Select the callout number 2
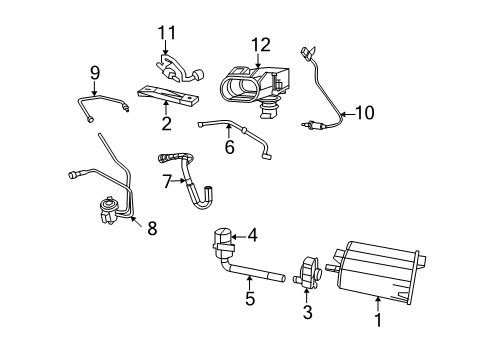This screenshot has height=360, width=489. coord(166,124)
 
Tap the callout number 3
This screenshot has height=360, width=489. coord(307,313)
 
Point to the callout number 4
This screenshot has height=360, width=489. coord(253,236)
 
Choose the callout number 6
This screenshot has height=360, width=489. coord(228,146)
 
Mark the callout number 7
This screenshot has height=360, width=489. coord(167,181)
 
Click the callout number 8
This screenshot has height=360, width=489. coord(152,229)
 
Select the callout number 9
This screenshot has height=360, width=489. coord(95,72)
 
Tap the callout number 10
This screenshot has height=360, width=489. coord(364,113)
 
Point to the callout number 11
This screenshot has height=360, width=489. coord(166,33)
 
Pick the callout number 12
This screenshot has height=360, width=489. coord(261,44)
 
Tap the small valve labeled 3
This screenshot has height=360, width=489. coord(308,272)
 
